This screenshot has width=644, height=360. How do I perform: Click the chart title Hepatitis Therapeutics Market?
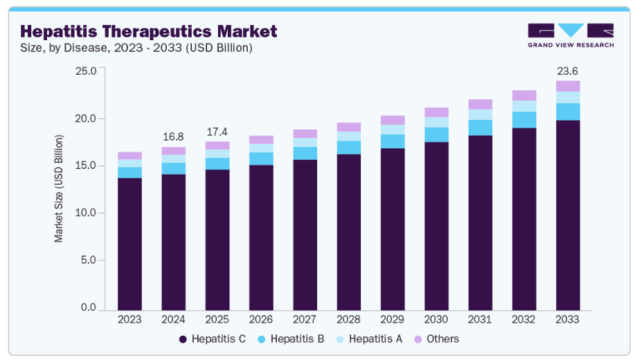(x=148, y=31)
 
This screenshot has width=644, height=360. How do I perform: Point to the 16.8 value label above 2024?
(x=173, y=136)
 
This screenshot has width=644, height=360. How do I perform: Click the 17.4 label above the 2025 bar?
(x=217, y=132)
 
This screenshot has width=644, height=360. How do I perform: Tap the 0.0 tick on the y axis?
(x=87, y=307)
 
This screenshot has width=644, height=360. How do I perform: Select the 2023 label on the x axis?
(x=129, y=319)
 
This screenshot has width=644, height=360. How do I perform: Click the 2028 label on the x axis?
(x=348, y=319)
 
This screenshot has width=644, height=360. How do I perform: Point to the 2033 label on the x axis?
(x=568, y=319)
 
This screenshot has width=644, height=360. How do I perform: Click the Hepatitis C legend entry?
(x=213, y=339)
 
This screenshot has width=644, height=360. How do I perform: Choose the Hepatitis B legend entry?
(x=292, y=339)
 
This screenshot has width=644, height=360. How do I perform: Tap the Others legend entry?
(x=436, y=339)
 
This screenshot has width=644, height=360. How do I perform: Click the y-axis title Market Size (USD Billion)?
(x=59, y=188)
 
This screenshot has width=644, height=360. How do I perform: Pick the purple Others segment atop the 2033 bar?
(x=568, y=86)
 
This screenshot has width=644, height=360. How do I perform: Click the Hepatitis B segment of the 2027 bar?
(x=305, y=153)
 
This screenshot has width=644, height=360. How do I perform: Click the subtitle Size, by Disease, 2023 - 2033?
(x=136, y=48)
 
